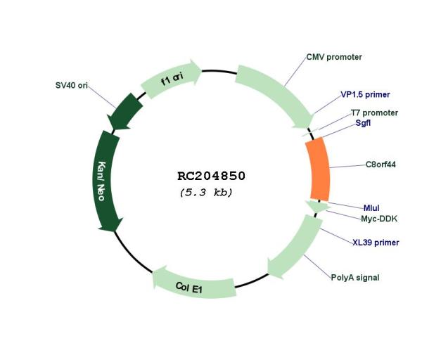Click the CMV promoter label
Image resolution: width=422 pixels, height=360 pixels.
[334, 57]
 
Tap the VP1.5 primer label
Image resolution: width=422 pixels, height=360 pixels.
[365, 94]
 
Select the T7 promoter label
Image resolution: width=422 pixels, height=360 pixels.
[374, 112]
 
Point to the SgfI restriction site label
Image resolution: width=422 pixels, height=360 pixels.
[363, 122]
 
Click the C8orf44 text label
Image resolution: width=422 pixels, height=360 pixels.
[381, 165]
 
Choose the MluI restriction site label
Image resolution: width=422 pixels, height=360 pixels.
[371, 208]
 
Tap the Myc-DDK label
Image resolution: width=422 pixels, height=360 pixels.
[379, 219]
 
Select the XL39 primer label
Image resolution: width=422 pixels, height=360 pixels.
[376, 243]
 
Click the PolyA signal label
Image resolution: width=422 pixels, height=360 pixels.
[355, 278]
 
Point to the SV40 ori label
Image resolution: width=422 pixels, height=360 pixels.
[72, 85]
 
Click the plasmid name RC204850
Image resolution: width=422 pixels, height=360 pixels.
[211, 176]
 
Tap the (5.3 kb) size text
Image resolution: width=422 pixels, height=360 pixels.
[206, 193]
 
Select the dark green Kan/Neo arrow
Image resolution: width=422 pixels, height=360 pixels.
[105, 181]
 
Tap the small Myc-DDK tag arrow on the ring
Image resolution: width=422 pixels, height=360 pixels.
[318, 207]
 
